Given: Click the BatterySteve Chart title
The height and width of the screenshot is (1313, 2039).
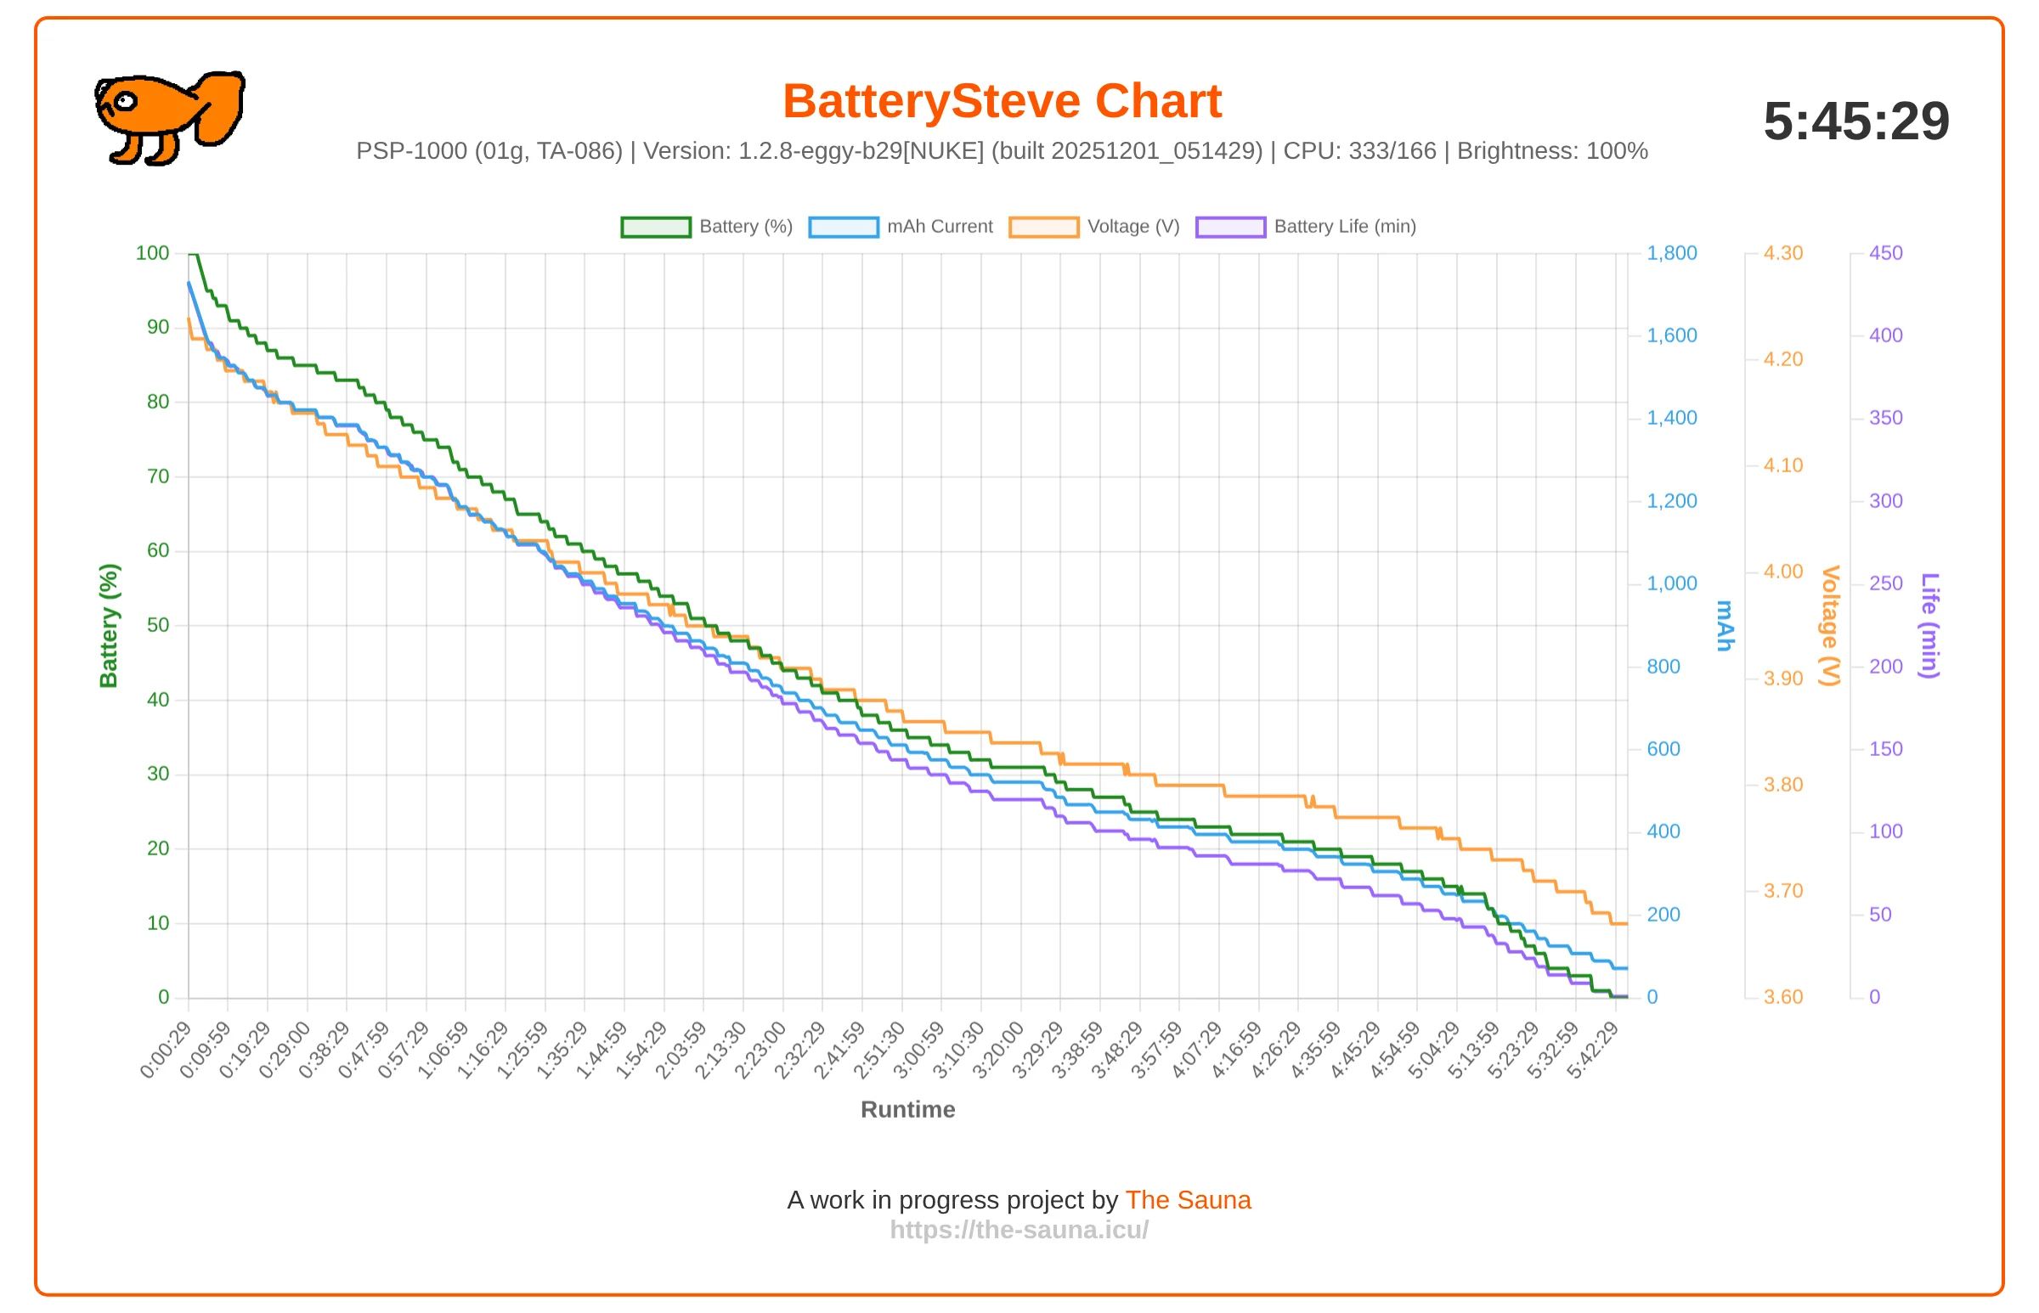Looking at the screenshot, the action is (x=1002, y=101).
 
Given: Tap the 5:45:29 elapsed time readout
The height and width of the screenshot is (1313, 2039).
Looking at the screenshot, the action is (x=1855, y=121).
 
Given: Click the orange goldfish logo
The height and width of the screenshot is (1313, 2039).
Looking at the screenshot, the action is (x=170, y=118).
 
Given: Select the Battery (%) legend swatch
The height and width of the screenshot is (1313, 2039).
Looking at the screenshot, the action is (x=656, y=227).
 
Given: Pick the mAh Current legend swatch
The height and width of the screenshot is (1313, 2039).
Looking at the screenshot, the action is (x=844, y=227).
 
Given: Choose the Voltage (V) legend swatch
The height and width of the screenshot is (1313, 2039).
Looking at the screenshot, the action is (x=1044, y=227).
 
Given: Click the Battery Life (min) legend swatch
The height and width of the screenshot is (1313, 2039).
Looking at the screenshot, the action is (x=1230, y=227).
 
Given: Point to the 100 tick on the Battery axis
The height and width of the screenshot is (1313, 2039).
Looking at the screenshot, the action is (x=153, y=253).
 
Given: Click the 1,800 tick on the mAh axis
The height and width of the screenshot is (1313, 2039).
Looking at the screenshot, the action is (x=1671, y=253).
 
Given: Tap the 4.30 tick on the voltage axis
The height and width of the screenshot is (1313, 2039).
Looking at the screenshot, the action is (x=1783, y=253).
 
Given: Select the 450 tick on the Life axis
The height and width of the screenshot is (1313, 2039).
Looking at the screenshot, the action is (x=1885, y=253).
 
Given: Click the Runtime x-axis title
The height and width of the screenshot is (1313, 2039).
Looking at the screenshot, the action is (x=907, y=1109).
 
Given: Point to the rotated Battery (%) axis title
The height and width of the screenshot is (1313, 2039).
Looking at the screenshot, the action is (x=108, y=626).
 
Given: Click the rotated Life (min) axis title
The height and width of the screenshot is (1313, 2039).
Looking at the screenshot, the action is (x=1929, y=626).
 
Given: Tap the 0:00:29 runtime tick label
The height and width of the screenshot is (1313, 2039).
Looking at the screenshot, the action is (x=166, y=1050).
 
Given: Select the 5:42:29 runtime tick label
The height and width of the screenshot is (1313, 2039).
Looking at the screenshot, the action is (x=1592, y=1050).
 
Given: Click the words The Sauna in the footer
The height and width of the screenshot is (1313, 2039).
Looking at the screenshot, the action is (x=1188, y=1199).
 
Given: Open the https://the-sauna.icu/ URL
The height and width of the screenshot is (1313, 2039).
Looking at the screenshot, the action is (x=1019, y=1230).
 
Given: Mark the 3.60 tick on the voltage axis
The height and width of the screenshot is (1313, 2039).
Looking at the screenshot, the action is (x=1783, y=997).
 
